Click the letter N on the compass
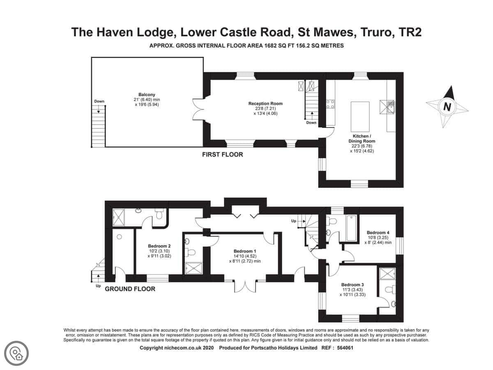(x=447, y=107)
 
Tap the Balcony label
(x=147, y=95)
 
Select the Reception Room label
(x=265, y=104)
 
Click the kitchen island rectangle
(x=360, y=117)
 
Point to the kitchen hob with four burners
(x=330, y=104)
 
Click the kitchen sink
(x=390, y=107)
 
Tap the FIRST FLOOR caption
(x=222, y=155)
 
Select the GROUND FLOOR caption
(x=130, y=289)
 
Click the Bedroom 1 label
(x=245, y=251)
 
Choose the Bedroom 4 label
(x=378, y=233)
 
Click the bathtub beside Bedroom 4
(x=351, y=228)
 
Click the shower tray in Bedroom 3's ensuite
(x=387, y=274)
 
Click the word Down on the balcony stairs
(x=99, y=101)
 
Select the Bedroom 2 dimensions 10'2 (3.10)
(x=159, y=251)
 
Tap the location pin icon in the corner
(x=16, y=354)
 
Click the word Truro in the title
(x=378, y=32)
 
